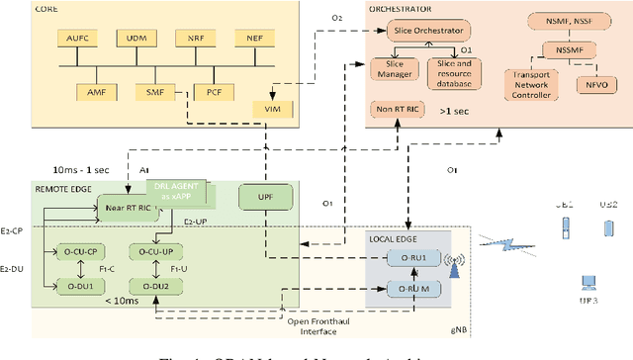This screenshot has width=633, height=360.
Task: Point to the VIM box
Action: (x=274, y=109)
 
